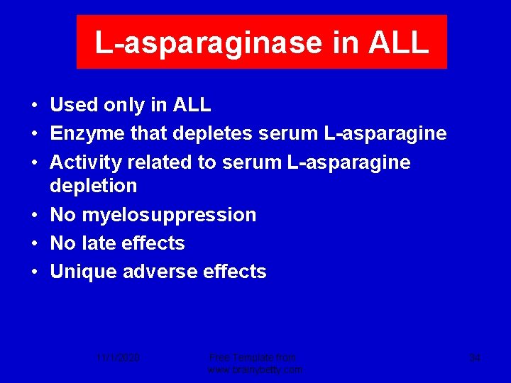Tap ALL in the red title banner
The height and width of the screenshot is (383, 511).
[399, 43]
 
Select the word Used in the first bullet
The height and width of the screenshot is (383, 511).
[74, 105]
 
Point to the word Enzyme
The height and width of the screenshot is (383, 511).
[84, 134]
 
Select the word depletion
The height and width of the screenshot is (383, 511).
[93, 186]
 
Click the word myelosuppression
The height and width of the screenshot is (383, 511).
[168, 215]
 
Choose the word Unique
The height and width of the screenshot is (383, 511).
[84, 272]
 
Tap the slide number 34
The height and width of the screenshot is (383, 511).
[475, 358]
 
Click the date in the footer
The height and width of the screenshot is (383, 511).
[119, 358]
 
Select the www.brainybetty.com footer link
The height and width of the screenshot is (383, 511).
[255, 370]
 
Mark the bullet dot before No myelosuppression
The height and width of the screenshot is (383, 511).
[34, 215]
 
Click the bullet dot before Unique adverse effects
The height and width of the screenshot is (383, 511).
[34, 272]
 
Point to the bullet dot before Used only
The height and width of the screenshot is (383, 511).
[34, 106]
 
